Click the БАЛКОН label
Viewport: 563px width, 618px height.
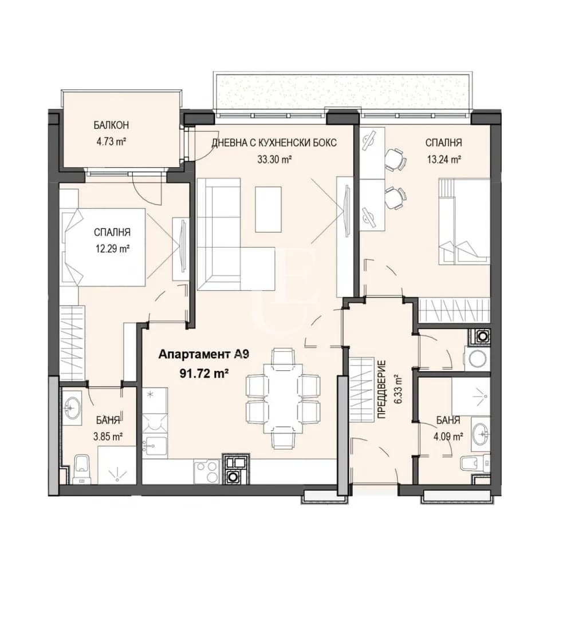[x=111, y=125]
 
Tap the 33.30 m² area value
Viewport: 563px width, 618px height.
[x=274, y=160]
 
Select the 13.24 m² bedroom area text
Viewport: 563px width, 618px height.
[x=444, y=160]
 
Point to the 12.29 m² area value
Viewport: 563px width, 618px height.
[x=112, y=249]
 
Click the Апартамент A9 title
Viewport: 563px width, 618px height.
[x=203, y=354]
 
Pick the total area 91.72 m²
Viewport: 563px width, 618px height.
[x=204, y=373]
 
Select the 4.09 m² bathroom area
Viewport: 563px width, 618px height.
[x=448, y=436]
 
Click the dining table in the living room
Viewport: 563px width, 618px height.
[x=282, y=398]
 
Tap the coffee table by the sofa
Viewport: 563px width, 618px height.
[x=268, y=209]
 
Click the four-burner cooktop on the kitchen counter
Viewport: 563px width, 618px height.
[x=206, y=471]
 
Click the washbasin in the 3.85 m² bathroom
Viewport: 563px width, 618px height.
[x=72, y=407]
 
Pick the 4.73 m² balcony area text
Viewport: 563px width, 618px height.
[x=111, y=141]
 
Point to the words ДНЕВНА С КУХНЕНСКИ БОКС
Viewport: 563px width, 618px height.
[x=274, y=142]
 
